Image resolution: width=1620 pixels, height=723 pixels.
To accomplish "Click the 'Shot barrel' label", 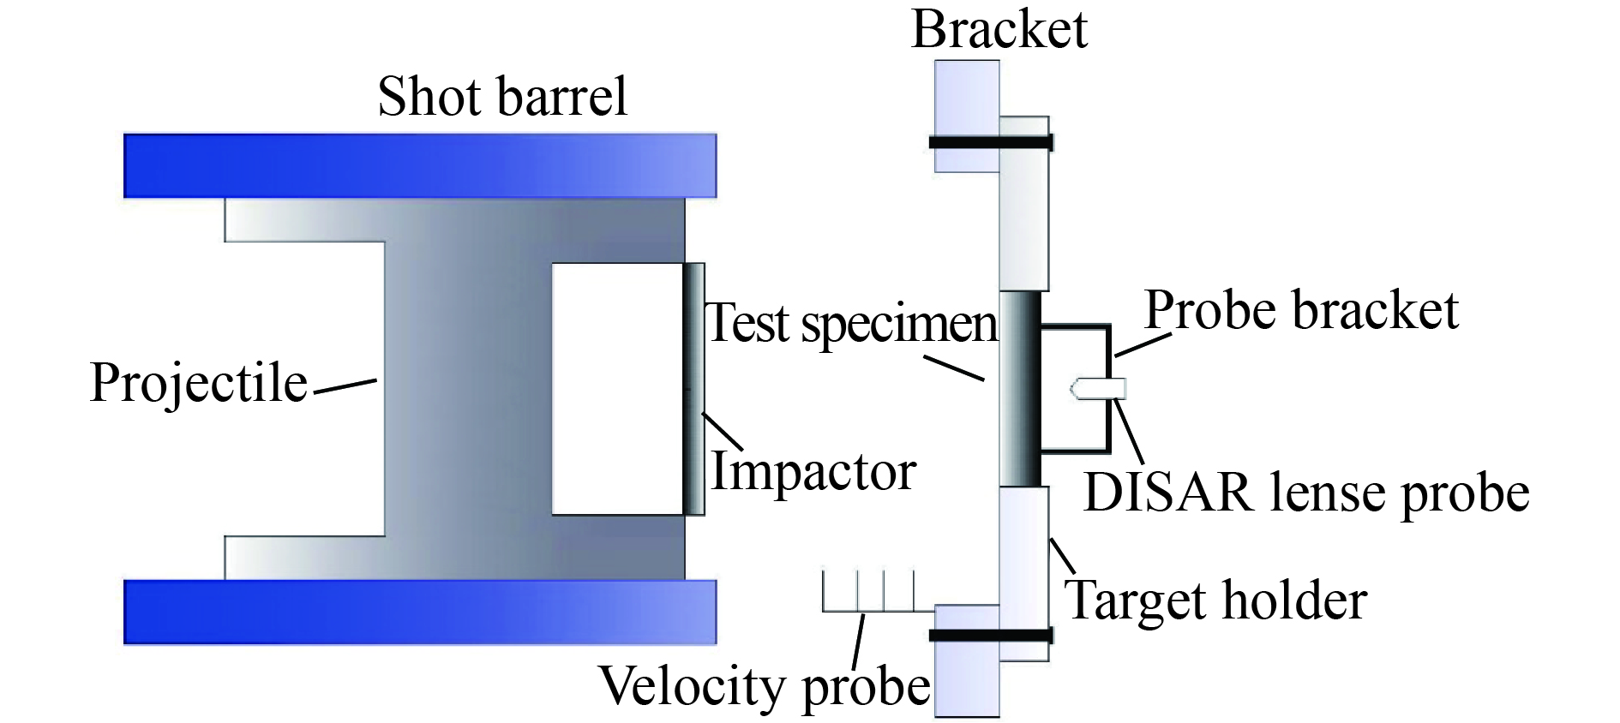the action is tap(502, 96).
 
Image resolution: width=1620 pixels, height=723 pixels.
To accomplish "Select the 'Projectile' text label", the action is tap(199, 382).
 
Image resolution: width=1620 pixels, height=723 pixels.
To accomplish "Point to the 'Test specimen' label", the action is tap(852, 324).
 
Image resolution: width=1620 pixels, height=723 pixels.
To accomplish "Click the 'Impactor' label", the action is tap(813, 472).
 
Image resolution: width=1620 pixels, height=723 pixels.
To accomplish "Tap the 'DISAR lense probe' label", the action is tap(1306, 493).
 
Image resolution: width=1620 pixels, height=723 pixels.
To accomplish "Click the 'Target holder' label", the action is tap(1215, 600).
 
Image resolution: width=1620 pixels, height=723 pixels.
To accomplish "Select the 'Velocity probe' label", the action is tap(765, 687).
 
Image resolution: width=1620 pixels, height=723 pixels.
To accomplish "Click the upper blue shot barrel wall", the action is tap(420, 165).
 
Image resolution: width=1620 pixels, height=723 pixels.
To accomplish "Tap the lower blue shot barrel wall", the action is tap(420, 612).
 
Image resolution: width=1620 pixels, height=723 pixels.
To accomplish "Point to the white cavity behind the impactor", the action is tap(617, 389).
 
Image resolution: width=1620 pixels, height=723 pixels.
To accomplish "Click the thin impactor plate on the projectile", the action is tap(694, 389).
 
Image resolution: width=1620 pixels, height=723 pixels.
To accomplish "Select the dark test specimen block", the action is tap(1020, 389).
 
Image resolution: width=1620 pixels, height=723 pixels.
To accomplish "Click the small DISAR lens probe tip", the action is tap(1098, 389).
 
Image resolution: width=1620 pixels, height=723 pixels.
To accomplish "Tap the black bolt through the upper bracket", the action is tap(991, 142).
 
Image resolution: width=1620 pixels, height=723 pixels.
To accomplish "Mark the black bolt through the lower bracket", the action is tap(991, 636).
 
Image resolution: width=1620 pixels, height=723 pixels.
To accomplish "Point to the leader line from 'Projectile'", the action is tap(345, 386).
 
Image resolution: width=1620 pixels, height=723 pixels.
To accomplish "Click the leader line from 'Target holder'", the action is tap(1063, 556).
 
